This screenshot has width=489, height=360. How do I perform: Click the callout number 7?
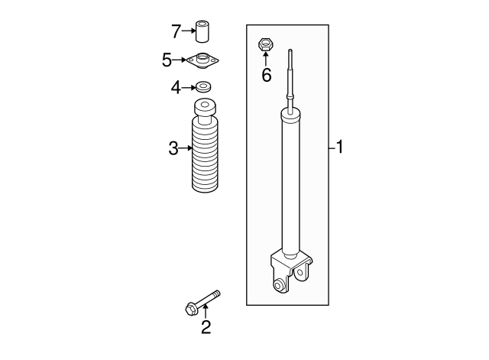point(176,31)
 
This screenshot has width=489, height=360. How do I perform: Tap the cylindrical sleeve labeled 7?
point(202,31)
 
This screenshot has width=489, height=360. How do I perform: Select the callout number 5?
point(167,60)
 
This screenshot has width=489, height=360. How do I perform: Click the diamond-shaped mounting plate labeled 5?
point(202,60)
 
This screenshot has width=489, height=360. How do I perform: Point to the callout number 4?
point(176,88)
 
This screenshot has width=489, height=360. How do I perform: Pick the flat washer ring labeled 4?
point(203,86)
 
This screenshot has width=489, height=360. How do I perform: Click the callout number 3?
point(173,148)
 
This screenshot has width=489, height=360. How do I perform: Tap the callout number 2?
point(206,327)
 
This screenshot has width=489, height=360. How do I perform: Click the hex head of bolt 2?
point(190,309)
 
